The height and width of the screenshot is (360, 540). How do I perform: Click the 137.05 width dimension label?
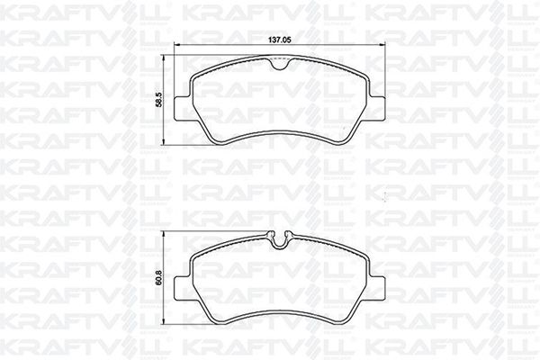[x=280, y=40]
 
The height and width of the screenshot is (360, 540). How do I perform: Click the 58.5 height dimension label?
[x=158, y=100]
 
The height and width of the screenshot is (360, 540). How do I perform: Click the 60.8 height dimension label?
[x=158, y=278]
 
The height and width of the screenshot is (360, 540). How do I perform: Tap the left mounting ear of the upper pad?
[x=183, y=109]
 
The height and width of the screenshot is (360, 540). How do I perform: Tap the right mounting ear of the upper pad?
[x=376, y=109]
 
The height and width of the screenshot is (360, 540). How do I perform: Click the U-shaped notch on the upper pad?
[x=279, y=65]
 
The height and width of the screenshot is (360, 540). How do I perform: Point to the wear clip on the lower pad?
[x=279, y=239]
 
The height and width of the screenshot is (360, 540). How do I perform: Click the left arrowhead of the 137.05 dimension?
[x=177, y=44]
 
